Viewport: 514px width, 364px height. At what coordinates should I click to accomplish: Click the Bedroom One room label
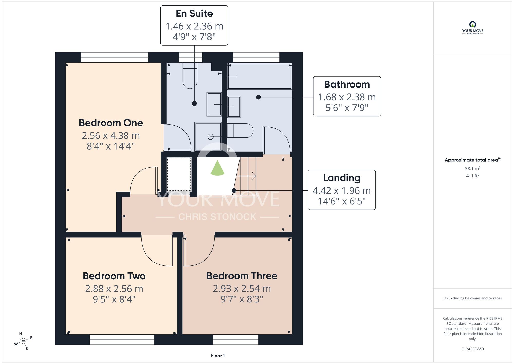[111, 123]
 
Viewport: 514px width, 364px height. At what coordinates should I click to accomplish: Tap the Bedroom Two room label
[114, 276]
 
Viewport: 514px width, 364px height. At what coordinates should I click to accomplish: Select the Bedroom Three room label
[242, 276]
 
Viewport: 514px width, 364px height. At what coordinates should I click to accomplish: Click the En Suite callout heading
[194, 13]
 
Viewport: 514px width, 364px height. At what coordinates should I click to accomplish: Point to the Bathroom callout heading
[347, 84]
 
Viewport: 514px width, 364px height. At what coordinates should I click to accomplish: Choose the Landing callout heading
[342, 178]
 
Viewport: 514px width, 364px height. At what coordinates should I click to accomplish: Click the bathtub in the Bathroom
[260, 76]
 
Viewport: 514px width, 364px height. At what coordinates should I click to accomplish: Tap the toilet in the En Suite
[190, 75]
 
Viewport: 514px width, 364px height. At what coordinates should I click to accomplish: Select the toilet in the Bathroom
[240, 131]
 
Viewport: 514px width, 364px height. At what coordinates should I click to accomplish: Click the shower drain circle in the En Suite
[210, 137]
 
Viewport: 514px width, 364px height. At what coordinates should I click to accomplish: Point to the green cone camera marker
[217, 168]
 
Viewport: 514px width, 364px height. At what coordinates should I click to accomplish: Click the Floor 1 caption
[218, 356]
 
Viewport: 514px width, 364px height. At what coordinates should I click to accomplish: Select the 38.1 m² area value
[473, 168]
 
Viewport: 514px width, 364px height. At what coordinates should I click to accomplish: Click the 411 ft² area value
[473, 176]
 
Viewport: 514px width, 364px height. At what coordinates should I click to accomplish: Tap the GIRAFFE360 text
[473, 349]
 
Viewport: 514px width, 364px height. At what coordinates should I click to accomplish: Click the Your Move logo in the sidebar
[473, 28]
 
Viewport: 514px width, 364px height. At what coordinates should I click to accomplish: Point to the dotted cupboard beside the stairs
[179, 174]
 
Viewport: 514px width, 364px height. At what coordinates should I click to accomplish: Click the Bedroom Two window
[122, 340]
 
